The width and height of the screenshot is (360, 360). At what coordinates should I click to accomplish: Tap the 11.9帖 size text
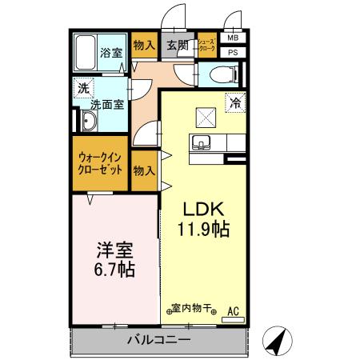point(202,230)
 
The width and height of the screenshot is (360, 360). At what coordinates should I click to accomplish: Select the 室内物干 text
point(192,308)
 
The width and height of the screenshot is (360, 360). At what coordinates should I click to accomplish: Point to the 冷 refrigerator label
point(235,102)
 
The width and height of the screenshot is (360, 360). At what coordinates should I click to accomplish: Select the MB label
point(233,38)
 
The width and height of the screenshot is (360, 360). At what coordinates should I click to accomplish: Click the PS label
point(233,53)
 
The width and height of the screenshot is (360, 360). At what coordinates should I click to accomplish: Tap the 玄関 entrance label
point(177,46)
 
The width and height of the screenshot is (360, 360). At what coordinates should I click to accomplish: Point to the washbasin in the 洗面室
point(88,122)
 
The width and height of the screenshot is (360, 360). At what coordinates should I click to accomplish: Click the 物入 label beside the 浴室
point(144,46)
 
